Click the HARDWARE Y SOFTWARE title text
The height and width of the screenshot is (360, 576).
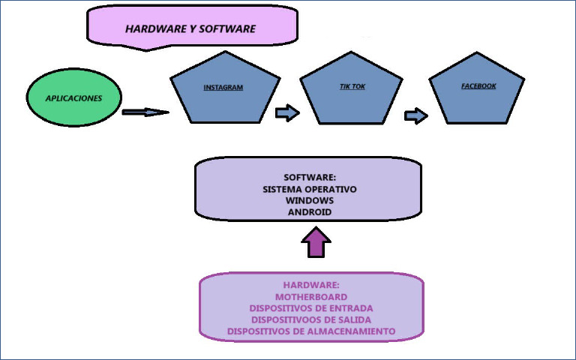tap(190, 29)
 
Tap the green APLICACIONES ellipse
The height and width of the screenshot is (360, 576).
tap(73, 98)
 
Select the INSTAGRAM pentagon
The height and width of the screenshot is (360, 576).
tap(223, 90)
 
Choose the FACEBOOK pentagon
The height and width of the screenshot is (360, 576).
tap(478, 90)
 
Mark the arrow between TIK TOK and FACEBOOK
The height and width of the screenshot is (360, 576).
tap(415, 115)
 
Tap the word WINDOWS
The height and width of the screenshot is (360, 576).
tap(310, 201)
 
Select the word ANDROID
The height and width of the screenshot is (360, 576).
tap(310, 212)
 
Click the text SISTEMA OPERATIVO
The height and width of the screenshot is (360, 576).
tap(310, 190)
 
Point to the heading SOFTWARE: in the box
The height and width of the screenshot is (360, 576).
tap(310, 178)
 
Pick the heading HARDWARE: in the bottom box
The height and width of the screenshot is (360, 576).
tap(311, 286)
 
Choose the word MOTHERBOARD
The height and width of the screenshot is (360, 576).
tap(311, 297)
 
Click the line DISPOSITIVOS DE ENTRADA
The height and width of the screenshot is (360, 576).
tap(311, 308)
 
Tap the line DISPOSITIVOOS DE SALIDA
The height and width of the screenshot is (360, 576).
tap(311, 319)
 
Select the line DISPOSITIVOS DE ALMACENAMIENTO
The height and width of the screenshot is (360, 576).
tap(311, 331)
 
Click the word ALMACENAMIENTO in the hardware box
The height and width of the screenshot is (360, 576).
tap(352, 331)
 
